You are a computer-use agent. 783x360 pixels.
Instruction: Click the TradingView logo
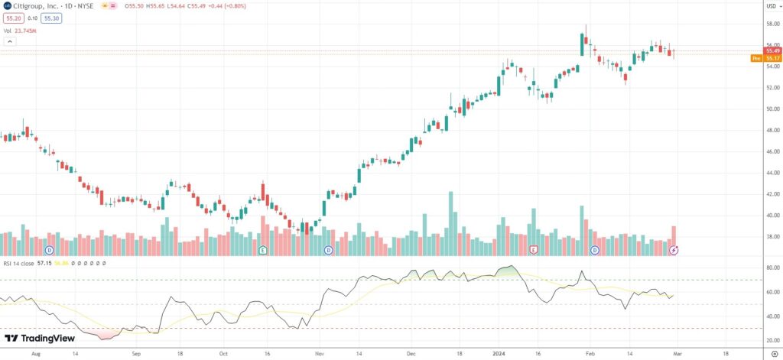pos(38,338)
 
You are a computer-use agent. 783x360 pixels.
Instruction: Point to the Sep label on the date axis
pos(136,354)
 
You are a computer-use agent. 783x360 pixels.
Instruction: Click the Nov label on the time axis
pos(320,354)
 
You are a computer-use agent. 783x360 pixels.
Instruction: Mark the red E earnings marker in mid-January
pos(534,250)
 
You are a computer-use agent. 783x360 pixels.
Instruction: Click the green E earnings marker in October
pos(262,250)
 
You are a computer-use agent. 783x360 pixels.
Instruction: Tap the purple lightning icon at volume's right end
pos(674,250)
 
